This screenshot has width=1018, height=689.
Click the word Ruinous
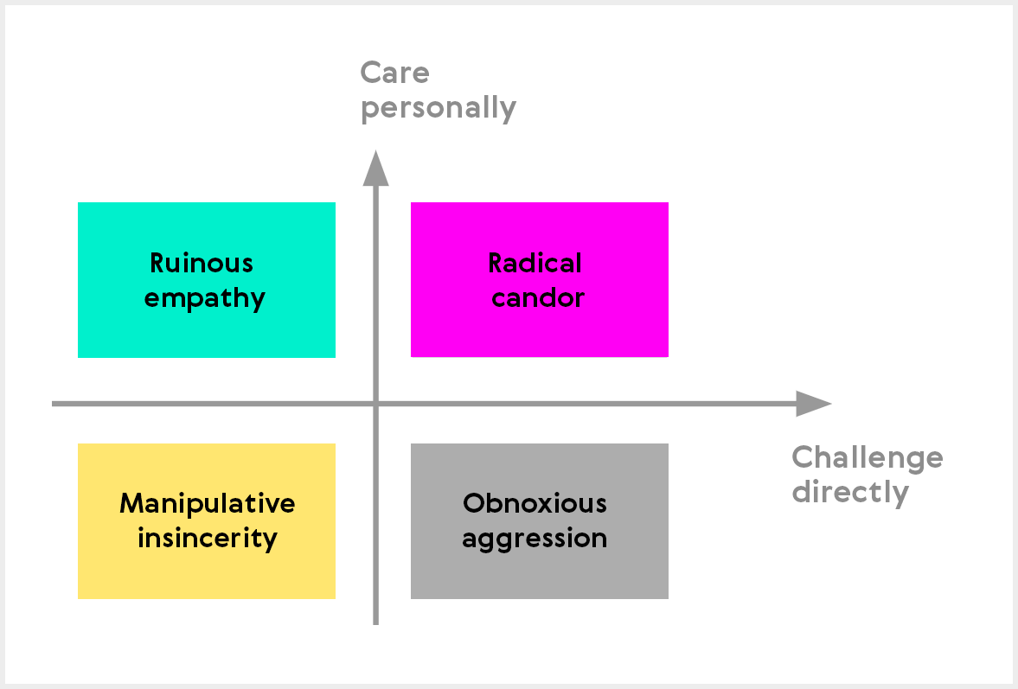202,263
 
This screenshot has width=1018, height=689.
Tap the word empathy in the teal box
204,299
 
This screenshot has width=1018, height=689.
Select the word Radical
535,263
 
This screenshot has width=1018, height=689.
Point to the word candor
538,297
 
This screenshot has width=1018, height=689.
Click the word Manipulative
207,503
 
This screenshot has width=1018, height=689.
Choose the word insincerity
207,539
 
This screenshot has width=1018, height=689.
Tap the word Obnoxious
535,503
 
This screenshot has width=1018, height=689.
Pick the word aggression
535,539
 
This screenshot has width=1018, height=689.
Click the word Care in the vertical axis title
394,73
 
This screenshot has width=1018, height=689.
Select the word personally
439,108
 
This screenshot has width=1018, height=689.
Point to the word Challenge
868,459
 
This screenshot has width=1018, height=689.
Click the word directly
850,493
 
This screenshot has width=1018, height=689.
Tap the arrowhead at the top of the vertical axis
376,168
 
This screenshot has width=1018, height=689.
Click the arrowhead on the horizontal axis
814,404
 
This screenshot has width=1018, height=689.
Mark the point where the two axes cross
376,404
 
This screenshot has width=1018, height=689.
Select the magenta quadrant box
540,279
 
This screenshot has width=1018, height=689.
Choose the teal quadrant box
207,279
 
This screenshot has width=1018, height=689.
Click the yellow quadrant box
207,521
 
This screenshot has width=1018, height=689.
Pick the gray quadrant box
540,521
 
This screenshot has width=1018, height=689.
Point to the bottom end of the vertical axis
376,624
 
